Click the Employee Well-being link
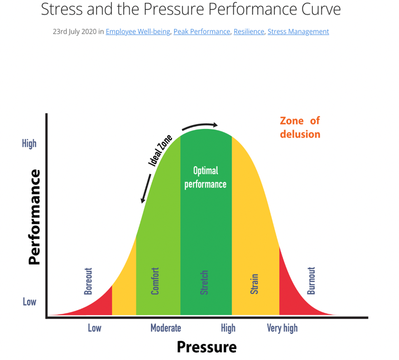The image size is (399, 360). pos(138,32)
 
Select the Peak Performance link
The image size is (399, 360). pos(201,32)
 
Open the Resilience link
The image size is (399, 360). pos(249,32)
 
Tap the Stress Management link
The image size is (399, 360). pos(298,32)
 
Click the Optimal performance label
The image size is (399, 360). pos(205,177)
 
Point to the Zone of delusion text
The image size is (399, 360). pos(300,127)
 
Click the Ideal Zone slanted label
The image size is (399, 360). pos(160,151)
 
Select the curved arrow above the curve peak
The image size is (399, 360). pos(200,124)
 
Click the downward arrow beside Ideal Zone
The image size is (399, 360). pos(147,189)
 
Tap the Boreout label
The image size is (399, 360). pos(88,281)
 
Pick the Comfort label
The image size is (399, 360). pos(155,281)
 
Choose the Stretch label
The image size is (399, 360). pos(204,282)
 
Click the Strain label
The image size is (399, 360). pos(254,283)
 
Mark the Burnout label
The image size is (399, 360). pos(311,281)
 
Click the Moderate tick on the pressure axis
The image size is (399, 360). pos(165,328)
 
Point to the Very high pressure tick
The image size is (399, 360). pos(282,328)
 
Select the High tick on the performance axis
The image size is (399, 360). pos(29,143)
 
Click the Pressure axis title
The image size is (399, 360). pos(206,347)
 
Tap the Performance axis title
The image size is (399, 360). pos(34,217)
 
